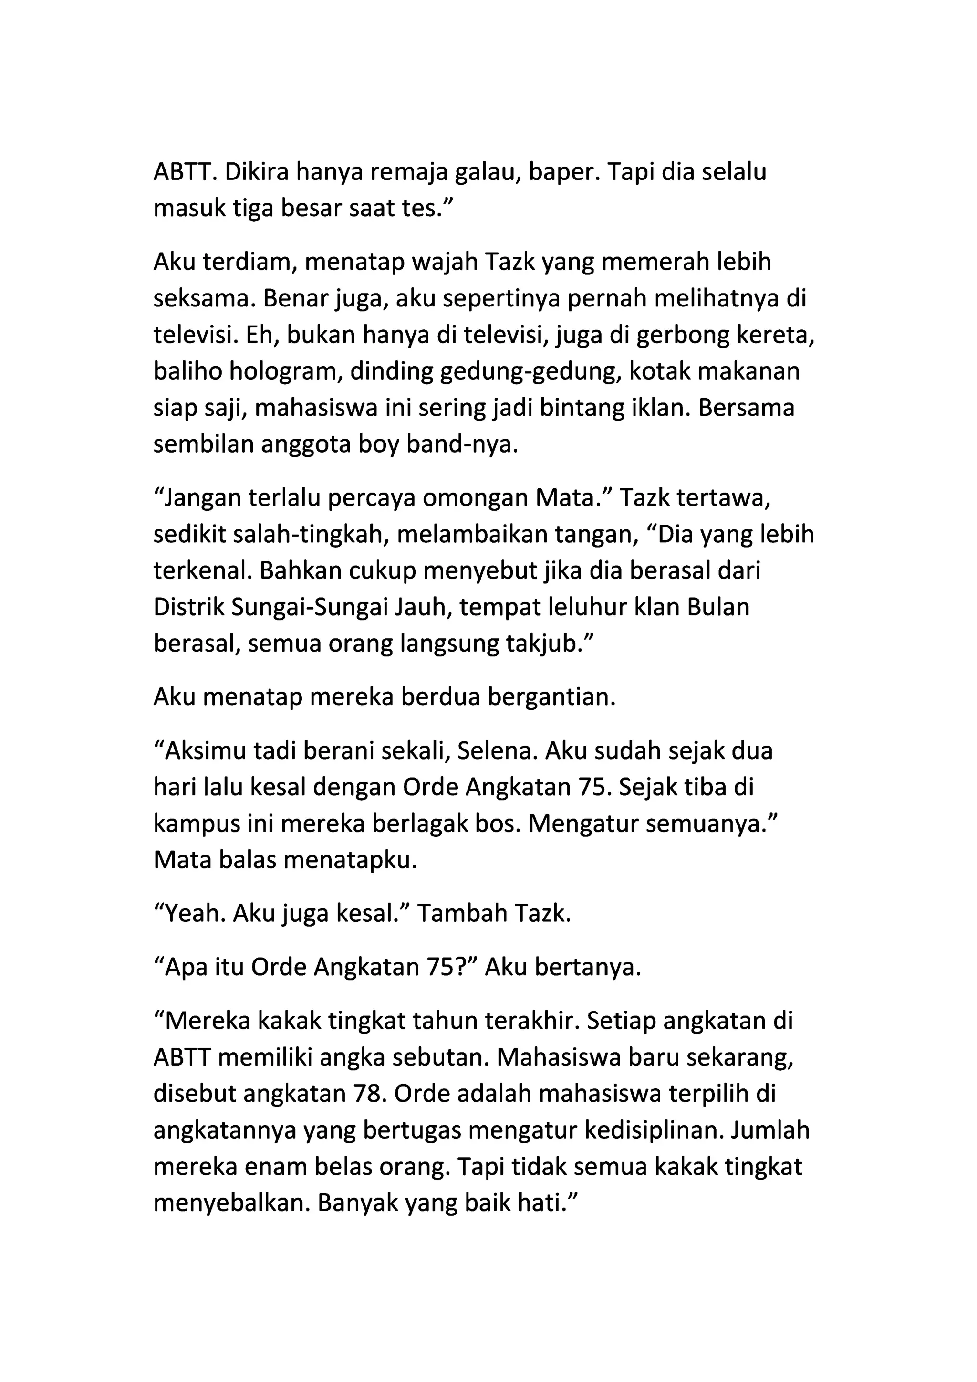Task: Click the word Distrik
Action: pos(188,607)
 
